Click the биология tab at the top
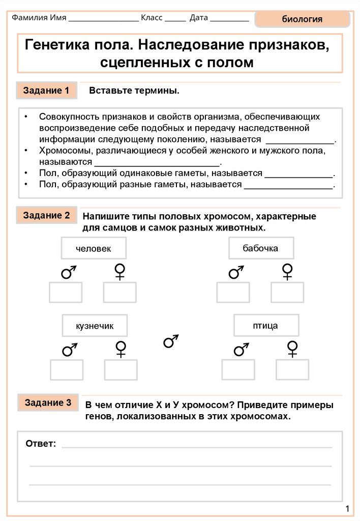click(302, 20)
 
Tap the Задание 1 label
click(46, 91)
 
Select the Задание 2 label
click(46, 215)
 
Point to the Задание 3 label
click(48, 403)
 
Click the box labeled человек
click(94, 248)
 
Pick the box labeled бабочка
click(260, 248)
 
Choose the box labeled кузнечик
click(95, 325)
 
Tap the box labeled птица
click(265, 325)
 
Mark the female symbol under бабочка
click(287, 271)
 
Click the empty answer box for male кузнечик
click(67, 369)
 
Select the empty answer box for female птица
click(292, 369)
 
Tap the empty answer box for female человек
click(120, 293)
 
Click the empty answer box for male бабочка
click(233, 293)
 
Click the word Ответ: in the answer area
click(41, 444)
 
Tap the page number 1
click(347, 509)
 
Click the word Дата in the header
click(199, 17)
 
